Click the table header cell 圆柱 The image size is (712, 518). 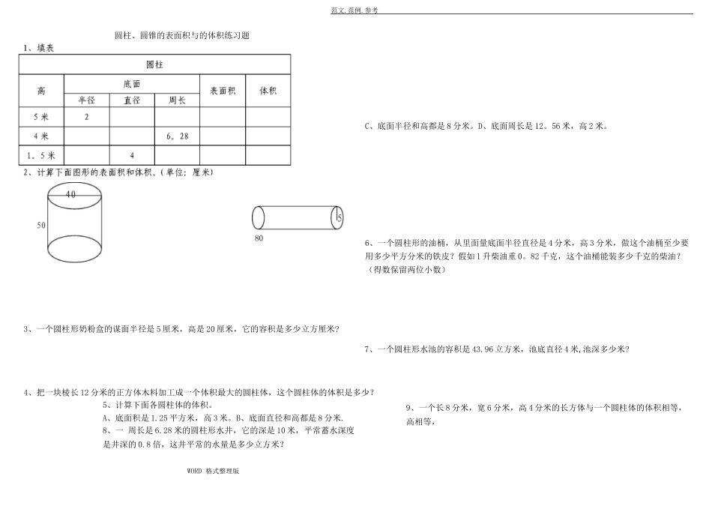[x=154, y=65]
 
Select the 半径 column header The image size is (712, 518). [x=87, y=100]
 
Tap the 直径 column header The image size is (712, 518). [x=132, y=100]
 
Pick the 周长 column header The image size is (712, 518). [x=177, y=100]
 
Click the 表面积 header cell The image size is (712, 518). [x=223, y=91]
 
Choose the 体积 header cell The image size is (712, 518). [x=268, y=91]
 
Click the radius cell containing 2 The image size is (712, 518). [x=87, y=117]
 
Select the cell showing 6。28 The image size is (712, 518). [x=177, y=136]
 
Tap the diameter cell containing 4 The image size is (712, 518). [x=132, y=155]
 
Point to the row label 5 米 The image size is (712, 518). [x=41, y=117]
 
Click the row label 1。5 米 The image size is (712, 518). [x=41, y=155]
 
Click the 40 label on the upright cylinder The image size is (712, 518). [x=70, y=194]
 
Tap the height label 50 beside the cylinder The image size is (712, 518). [x=40, y=226]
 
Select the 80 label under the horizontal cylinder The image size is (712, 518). [x=259, y=238]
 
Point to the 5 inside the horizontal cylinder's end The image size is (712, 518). [x=339, y=217]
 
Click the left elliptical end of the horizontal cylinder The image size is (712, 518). [x=259, y=217]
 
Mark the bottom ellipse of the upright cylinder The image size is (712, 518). [x=75, y=248]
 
